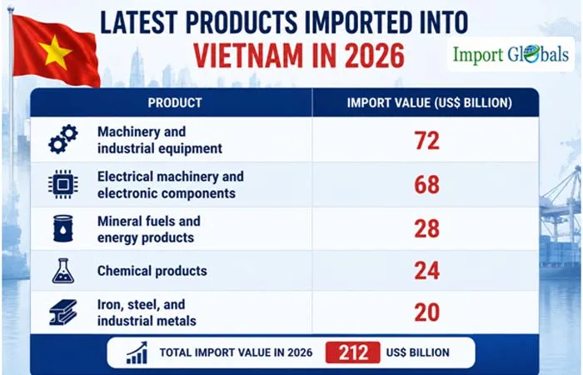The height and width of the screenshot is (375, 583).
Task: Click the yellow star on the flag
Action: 55,52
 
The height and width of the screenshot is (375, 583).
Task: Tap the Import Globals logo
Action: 511,54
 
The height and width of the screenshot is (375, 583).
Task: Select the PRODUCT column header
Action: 175,102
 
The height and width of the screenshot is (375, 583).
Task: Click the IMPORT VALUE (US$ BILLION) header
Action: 430,102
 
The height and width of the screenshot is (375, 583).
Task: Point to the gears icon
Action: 63,139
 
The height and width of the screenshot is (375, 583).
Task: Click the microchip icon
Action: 63,184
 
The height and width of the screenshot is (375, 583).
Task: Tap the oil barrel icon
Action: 63,228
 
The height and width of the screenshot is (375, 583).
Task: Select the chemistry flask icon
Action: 63,271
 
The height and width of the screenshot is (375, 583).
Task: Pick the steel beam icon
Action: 63,312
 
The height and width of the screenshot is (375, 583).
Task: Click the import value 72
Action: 427,141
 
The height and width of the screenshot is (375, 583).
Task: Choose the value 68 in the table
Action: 427,184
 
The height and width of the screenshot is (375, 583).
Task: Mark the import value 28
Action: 427,228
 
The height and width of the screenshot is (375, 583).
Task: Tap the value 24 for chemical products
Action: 427,271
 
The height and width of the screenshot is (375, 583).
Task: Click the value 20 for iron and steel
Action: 427,312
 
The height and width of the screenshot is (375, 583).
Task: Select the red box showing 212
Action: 353,352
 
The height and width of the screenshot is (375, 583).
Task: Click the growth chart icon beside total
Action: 137,352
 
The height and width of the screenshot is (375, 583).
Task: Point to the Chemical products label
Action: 152,271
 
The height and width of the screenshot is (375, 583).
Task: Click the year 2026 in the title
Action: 375,56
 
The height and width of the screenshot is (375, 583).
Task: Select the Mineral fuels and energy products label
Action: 149,229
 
